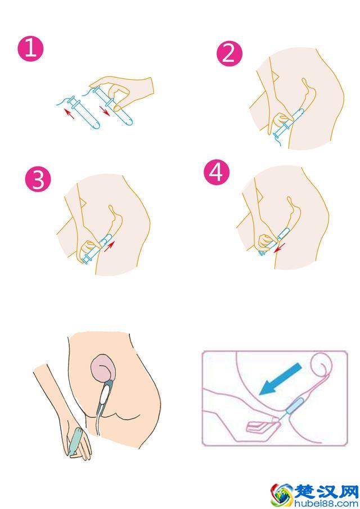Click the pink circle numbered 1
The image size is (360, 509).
[x=30, y=49]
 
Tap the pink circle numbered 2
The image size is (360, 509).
[x=229, y=53]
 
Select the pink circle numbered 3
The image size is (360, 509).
[x=38, y=179]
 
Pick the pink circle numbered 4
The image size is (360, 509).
[x=217, y=172]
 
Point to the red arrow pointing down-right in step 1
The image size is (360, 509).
[x=105, y=110]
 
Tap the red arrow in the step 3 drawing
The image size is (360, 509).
[x=109, y=246]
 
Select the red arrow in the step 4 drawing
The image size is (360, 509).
[x=279, y=247]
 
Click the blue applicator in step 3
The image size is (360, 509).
[x=97, y=249]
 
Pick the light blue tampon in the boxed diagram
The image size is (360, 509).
[x=295, y=405]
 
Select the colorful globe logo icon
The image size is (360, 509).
[x=282, y=496]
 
